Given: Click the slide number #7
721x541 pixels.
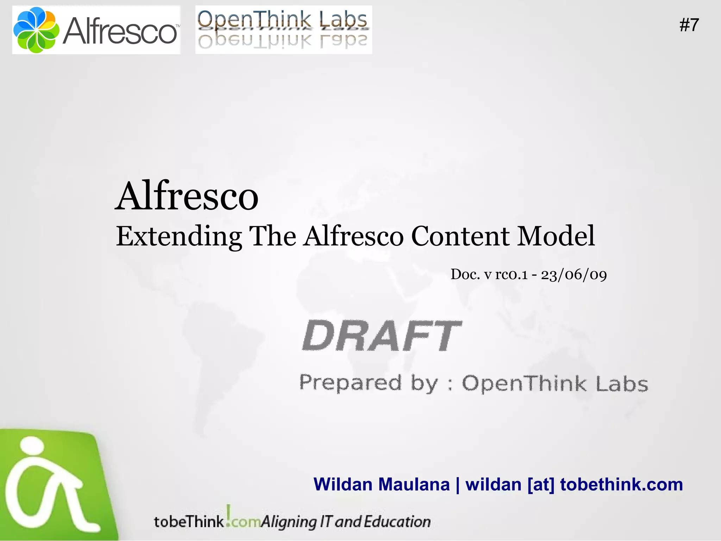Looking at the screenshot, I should click(689, 25).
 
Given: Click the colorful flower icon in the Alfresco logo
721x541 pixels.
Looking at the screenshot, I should click(36, 30).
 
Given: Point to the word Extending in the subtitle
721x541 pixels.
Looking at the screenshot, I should click(179, 236).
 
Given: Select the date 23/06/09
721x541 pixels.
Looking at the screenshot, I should click(574, 275).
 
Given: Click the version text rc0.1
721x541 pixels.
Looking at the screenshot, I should click(511, 274).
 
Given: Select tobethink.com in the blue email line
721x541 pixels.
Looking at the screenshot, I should click(621, 484).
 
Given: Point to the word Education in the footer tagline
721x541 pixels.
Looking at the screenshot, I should click(397, 522).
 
